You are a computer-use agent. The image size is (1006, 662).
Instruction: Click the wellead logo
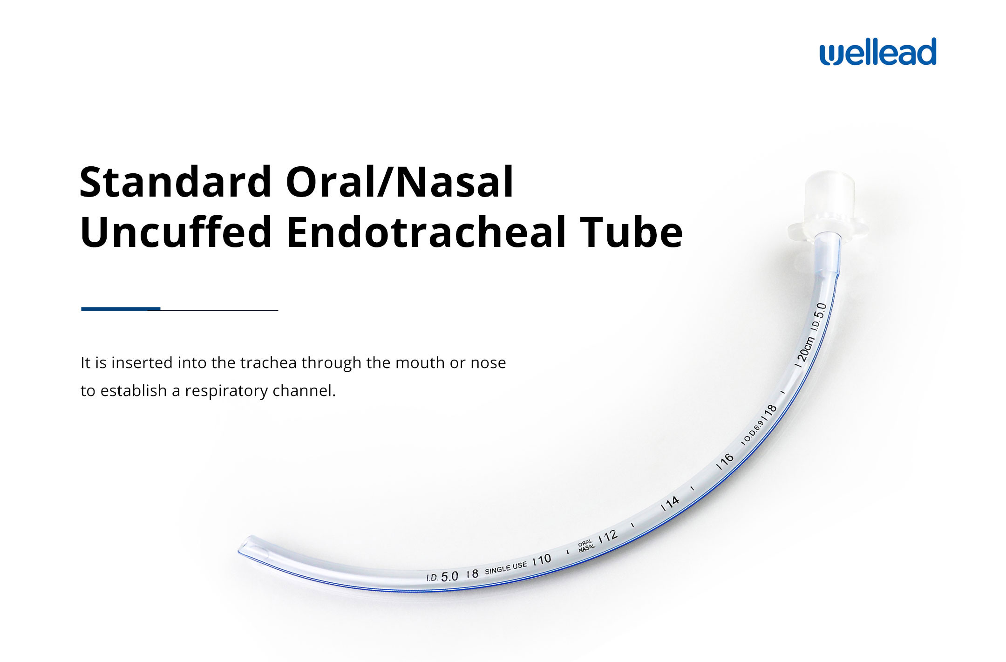coord(878,52)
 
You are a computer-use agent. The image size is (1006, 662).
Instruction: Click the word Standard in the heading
coord(176,182)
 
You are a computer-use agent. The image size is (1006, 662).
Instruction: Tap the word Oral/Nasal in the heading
coord(400,182)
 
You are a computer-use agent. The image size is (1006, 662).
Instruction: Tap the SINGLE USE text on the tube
coord(506,567)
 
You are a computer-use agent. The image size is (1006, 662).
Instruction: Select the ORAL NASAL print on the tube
coord(586,546)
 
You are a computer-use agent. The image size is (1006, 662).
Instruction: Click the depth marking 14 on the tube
coord(671,504)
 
